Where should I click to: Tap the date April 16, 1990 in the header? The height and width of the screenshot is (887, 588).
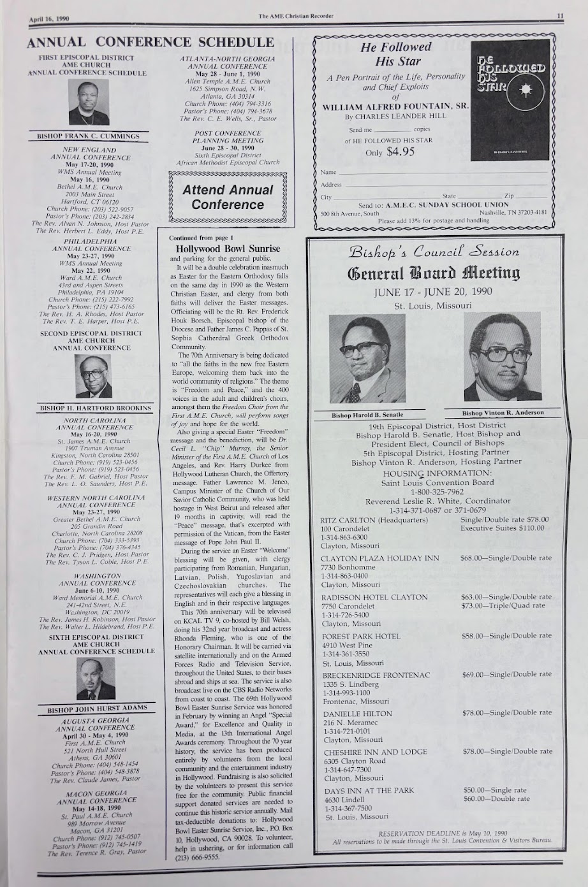pos(48,18)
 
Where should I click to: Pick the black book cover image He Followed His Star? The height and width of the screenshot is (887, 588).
pos(512,100)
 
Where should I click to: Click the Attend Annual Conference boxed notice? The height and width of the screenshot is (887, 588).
pos(228,198)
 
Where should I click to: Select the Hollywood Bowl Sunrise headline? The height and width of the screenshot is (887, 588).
pos(228,249)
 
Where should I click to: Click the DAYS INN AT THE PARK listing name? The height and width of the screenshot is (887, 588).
pos(369,790)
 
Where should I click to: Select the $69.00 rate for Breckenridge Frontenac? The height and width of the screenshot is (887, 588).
pos(475,674)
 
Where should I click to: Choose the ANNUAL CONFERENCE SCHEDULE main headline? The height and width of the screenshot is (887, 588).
pos(150,43)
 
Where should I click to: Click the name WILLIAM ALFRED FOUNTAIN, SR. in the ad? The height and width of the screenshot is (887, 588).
pos(395,107)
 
